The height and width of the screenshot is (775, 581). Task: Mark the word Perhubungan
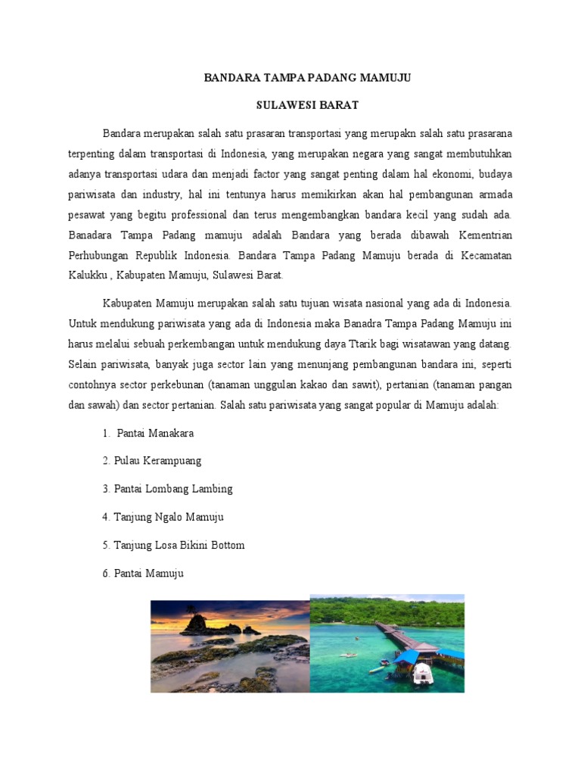[x=104, y=255]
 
